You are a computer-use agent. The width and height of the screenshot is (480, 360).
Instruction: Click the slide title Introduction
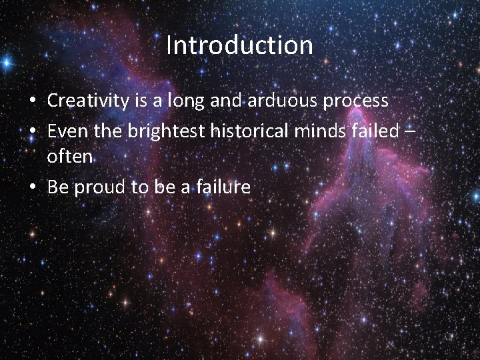239,45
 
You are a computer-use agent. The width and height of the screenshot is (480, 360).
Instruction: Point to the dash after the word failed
411,132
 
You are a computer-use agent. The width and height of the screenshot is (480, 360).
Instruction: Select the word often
69,158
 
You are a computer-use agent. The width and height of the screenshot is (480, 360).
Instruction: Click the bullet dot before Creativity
33,102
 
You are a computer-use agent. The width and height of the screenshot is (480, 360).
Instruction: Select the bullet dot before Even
33,131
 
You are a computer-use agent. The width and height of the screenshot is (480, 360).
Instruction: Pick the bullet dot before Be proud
33,188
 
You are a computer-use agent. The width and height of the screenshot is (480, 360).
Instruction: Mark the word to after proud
139,188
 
